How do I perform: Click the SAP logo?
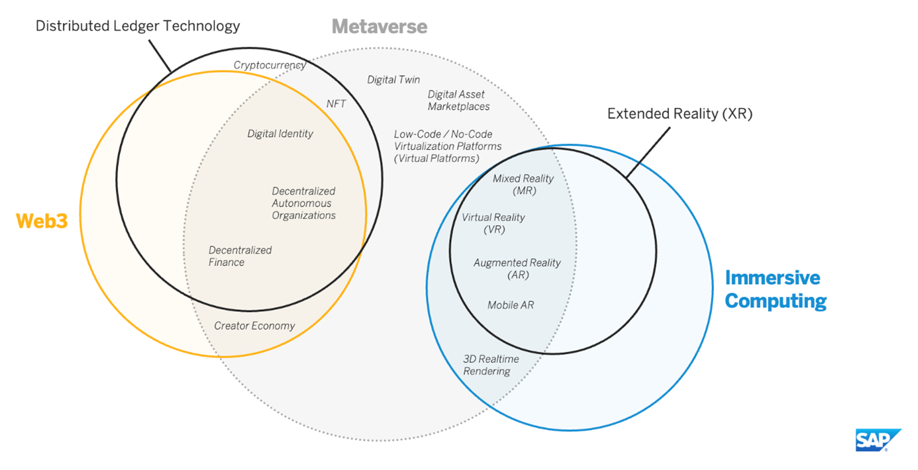878,440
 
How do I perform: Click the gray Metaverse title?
380,26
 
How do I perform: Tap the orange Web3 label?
42,221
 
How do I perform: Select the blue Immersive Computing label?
776,289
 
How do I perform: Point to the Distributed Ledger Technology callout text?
138,26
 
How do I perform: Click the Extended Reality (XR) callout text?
680,113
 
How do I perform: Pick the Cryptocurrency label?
270,65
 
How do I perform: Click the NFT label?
336,104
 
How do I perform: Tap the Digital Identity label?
280,134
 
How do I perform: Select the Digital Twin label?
393,79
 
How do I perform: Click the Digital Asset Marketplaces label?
458,101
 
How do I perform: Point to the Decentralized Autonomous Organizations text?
303,203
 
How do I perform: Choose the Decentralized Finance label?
240,256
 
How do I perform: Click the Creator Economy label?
254,326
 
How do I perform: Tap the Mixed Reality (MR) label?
523,185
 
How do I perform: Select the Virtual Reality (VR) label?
493,223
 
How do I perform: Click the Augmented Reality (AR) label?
517,269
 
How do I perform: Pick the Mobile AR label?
511,305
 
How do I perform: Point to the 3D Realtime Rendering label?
491,365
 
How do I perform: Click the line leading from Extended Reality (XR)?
648,152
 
